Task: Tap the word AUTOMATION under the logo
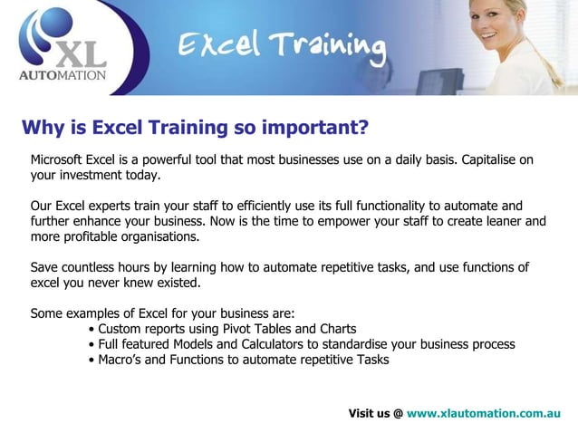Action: tap(63, 76)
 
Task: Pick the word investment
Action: tap(93, 175)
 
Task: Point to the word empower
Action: tap(349, 222)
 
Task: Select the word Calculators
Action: tap(287, 344)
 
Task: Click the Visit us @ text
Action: tap(375, 413)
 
